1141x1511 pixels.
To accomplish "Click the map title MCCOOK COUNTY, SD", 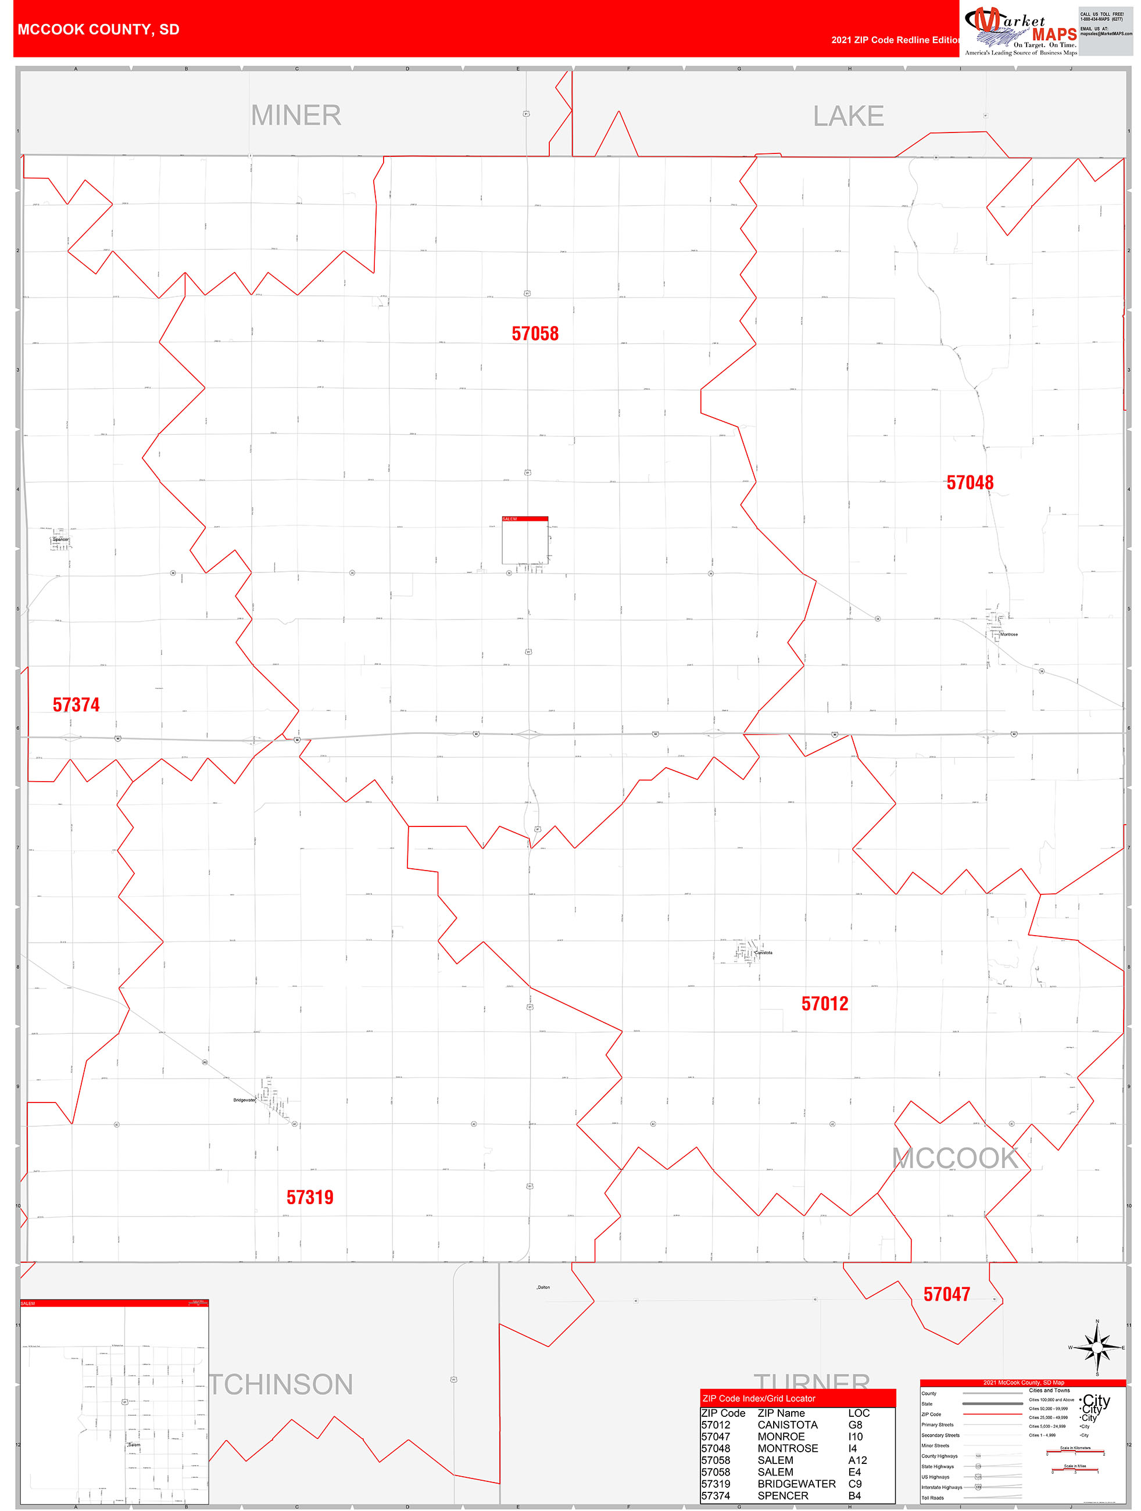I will coord(98,30).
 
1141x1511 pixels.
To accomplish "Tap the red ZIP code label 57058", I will coord(535,334).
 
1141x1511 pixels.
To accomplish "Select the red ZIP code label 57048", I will coord(970,483).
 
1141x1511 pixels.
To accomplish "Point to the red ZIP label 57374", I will coord(76,705).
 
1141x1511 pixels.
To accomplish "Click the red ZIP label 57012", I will coord(825,1004).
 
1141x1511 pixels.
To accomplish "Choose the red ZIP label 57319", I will coord(309,1197).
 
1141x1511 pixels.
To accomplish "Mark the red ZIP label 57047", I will coord(946,1294).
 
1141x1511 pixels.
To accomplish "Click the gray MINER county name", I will coord(296,116).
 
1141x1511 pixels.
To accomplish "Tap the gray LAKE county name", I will coord(848,116).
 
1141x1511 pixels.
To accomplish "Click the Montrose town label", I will coord(1008,634).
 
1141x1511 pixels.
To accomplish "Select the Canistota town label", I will coord(763,953).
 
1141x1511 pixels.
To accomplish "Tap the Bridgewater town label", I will coord(244,1100).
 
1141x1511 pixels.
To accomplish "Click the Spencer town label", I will coord(61,539).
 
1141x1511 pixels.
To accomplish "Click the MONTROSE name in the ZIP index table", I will coord(787,1448).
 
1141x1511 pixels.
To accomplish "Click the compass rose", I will coord(1097,1348).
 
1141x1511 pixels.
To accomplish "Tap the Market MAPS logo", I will coord(1021,31).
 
